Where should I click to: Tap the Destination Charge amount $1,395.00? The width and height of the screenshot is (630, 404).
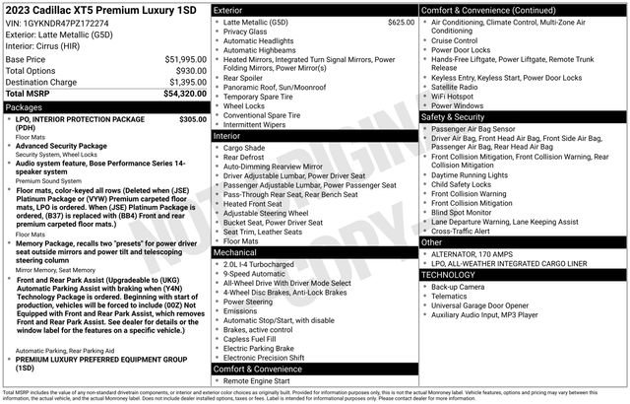coord(183,82)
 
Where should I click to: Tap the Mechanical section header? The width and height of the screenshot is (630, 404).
coord(236,252)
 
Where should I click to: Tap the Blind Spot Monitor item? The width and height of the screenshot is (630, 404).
coord(469,211)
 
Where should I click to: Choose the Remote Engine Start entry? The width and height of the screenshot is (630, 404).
coord(263,380)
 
